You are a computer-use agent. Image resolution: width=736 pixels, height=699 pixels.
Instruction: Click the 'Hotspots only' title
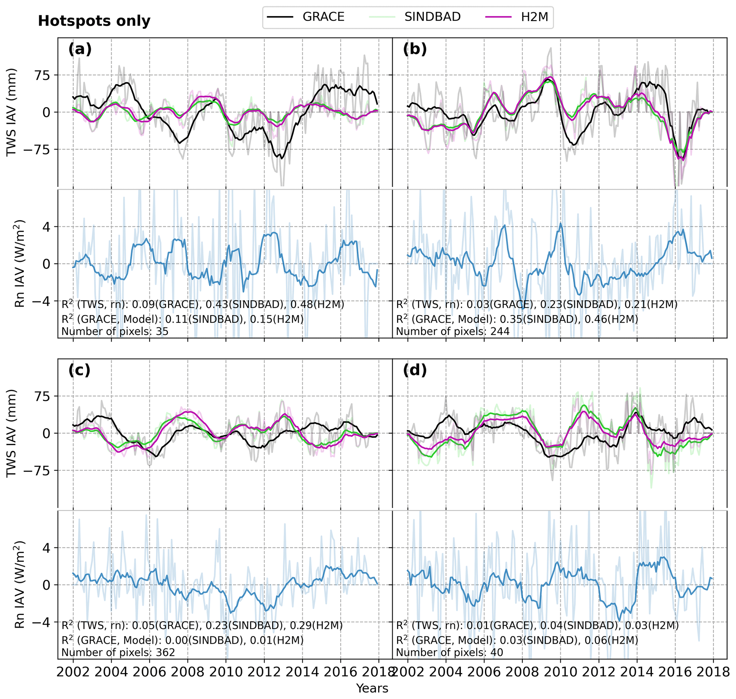pos(94,21)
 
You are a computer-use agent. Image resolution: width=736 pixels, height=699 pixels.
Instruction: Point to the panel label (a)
pos(80,49)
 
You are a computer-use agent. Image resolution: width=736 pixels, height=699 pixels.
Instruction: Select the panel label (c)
pos(79,370)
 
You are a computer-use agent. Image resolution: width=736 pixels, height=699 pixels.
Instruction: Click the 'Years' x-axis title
pos(372,688)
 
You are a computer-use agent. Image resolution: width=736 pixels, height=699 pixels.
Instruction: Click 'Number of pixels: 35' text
pos(115,331)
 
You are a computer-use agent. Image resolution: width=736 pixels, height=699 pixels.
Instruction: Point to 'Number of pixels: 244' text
pos(453,331)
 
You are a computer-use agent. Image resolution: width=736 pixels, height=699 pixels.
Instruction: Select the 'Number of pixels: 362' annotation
pos(118,652)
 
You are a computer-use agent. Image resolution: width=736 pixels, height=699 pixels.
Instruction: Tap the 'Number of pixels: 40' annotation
pos(449,652)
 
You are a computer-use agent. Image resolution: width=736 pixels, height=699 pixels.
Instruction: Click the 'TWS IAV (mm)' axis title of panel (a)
pos(12,112)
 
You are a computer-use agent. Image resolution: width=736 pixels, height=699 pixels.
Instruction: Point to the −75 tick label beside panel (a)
pos(37,149)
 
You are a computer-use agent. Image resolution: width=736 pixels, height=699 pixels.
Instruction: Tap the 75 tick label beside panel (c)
pos(42,396)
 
